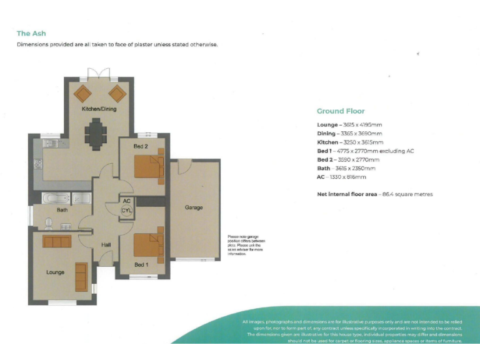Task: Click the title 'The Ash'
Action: (x=31, y=33)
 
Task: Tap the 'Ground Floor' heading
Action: (x=341, y=111)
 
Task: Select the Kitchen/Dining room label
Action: (x=99, y=109)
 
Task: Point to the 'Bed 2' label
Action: (x=141, y=146)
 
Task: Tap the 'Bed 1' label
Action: (x=142, y=264)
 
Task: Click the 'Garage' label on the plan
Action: (x=194, y=207)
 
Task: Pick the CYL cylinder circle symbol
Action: (x=127, y=211)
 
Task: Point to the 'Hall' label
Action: (x=106, y=244)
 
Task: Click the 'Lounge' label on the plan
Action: (x=55, y=272)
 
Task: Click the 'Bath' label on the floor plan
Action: (x=62, y=210)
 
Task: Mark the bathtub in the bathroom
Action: (x=56, y=199)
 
